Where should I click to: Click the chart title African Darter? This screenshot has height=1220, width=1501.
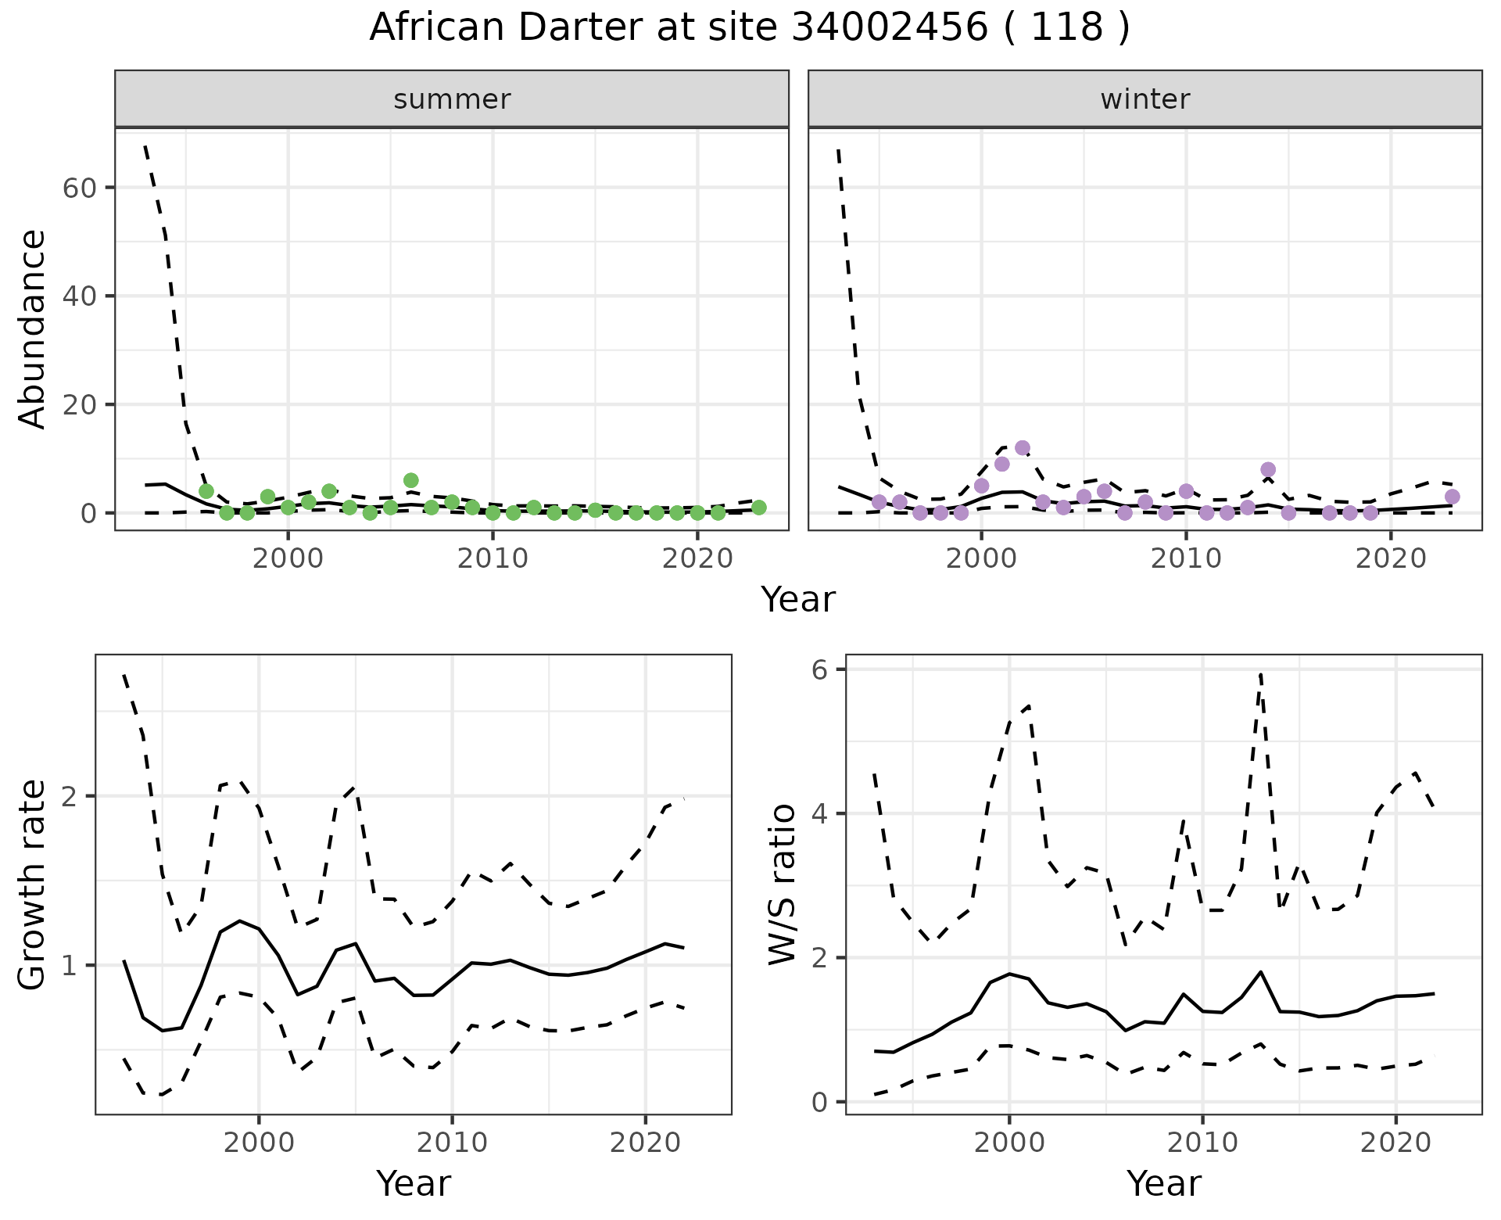(749, 28)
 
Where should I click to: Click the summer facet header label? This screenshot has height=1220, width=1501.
(452, 99)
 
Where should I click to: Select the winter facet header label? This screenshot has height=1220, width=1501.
(1145, 99)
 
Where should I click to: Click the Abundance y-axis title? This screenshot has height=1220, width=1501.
(33, 328)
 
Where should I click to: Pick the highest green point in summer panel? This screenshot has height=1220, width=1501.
(411, 480)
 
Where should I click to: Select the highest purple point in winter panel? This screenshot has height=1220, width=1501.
(1023, 448)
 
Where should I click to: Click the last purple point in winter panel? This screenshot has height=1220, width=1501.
(1453, 497)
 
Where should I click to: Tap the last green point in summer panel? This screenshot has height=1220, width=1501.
(759, 508)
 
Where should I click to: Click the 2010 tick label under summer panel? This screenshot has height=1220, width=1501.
(493, 558)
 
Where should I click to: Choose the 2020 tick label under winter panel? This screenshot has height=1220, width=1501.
(1391, 558)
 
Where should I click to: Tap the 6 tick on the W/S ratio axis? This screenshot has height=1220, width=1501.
(820, 669)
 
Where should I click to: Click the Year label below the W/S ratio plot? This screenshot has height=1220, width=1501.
(1163, 1183)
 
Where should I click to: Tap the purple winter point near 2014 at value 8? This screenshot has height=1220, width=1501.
(1268, 470)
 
